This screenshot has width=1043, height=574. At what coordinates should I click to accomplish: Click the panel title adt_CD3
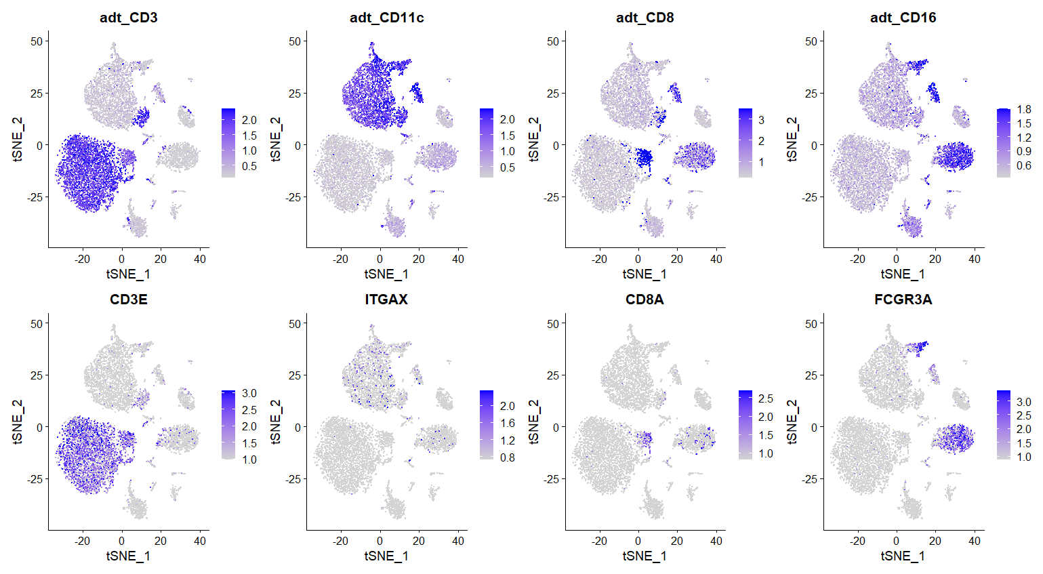click(129, 18)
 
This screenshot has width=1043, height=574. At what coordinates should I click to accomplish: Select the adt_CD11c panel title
click(387, 18)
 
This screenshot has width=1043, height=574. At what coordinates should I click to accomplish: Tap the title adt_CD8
click(645, 18)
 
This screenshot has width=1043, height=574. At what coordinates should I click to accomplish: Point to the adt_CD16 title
click(903, 18)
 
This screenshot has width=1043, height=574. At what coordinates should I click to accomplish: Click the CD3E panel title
click(129, 300)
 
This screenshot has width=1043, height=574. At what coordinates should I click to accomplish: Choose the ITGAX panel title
click(387, 300)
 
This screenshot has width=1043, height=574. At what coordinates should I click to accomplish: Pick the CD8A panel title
click(645, 300)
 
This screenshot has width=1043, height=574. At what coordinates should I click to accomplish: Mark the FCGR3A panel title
click(903, 300)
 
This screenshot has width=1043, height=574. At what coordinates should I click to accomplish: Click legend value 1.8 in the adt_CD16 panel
click(1023, 109)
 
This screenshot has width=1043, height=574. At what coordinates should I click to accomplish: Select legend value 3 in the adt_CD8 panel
click(761, 120)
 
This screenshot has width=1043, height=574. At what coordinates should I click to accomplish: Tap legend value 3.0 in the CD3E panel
click(249, 393)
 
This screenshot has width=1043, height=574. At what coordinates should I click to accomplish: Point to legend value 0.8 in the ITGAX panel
click(507, 457)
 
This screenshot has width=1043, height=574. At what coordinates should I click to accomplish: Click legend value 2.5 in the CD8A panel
click(765, 398)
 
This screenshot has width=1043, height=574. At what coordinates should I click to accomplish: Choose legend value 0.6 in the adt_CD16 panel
click(1023, 165)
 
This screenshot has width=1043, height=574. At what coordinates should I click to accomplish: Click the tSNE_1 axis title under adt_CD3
click(128, 274)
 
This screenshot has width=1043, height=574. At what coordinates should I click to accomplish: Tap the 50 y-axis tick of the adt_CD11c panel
click(294, 41)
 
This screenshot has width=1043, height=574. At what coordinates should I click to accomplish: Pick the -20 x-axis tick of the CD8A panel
click(599, 541)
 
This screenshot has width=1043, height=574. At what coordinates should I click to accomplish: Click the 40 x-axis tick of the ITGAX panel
click(458, 541)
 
